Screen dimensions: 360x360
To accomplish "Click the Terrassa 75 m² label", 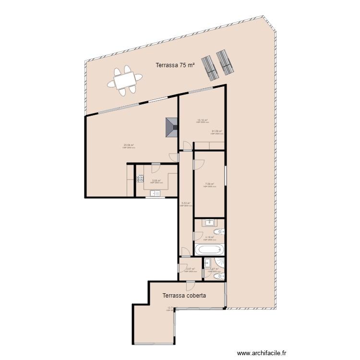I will pos(175,66).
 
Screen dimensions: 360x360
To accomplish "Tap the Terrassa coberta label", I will pos(184,296).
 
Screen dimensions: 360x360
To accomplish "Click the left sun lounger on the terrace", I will pos(209,67).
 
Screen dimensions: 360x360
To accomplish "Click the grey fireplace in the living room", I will pos(171,128).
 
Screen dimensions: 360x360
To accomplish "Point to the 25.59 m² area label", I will pos(129,145).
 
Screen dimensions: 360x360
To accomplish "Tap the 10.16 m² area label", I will pos(202,120).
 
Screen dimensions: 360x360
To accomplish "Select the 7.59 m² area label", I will pos(209,184).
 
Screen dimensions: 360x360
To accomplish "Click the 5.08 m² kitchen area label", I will pos(156,180).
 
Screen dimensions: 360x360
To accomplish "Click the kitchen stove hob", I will pos(140,180).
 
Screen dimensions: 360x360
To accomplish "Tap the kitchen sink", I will pos(155,193).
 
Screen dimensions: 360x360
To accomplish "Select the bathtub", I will pos(209,250).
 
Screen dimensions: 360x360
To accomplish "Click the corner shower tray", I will pos(220,264).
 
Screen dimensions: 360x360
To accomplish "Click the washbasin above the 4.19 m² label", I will pos(210,222).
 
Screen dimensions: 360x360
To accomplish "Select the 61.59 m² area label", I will pos(217,131).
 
